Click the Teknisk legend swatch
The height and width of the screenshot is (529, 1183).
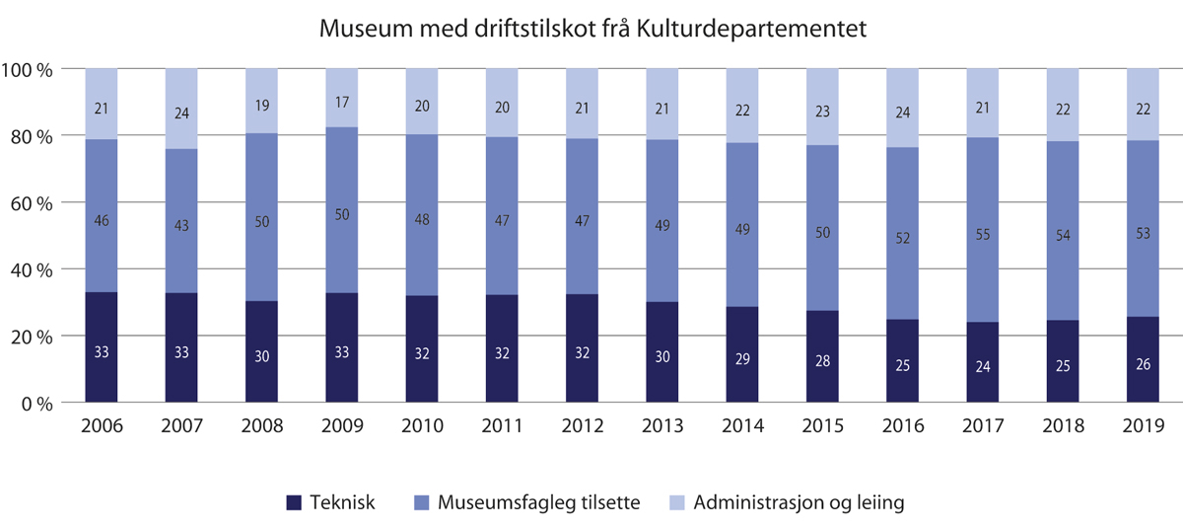coord(293,502)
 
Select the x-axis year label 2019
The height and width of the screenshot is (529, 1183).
coord(1143,426)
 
